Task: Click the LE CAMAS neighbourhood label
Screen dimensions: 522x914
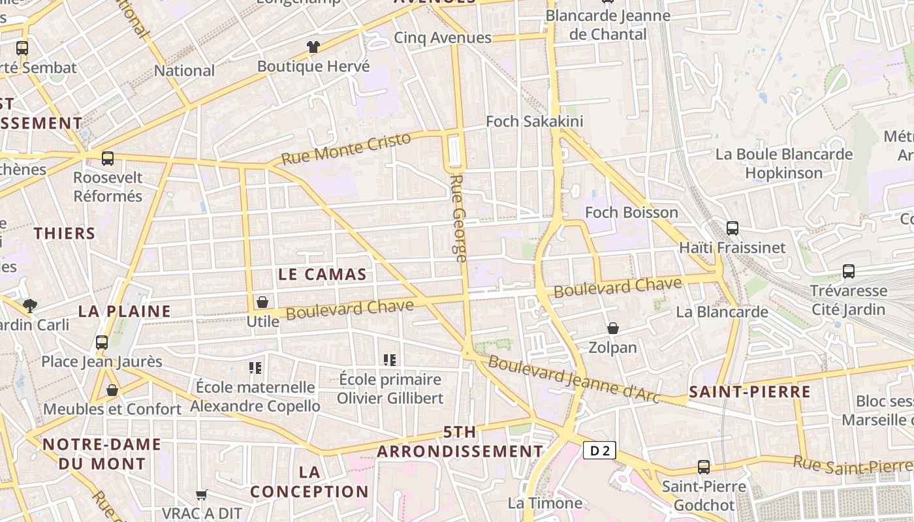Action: [x=322, y=275]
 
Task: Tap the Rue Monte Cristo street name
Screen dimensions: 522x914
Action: [x=346, y=148]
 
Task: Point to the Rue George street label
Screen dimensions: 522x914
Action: [x=458, y=218]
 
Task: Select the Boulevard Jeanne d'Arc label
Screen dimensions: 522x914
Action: [x=574, y=379]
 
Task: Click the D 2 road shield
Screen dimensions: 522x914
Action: [x=599, y=450]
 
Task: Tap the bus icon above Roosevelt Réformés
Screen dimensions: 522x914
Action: [x=108, y=158]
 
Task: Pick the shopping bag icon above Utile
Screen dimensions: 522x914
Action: [x=262, y=302]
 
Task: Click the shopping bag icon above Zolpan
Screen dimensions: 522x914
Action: [x=612, y=328]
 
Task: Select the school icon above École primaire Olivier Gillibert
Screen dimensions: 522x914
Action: [x=390, y=360]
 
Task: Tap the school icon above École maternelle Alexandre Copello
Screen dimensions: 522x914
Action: [x=255, y=368]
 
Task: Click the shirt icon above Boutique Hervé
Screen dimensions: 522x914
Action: [x=313, y=47]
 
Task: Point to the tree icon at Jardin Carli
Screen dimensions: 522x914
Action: [x=29, y=305]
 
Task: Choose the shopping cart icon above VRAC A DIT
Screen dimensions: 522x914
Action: [x=202, y=495]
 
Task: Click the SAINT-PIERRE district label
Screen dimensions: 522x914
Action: [x=749, y=392]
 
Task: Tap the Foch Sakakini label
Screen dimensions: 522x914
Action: [x=535, y=121]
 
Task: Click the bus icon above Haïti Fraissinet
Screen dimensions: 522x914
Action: [x=733, y=228]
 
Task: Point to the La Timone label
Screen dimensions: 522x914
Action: [x=544, y=503]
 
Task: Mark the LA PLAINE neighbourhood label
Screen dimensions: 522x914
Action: [x=124, y=311]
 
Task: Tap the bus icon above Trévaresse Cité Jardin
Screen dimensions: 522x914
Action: [x=848, y=271]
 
